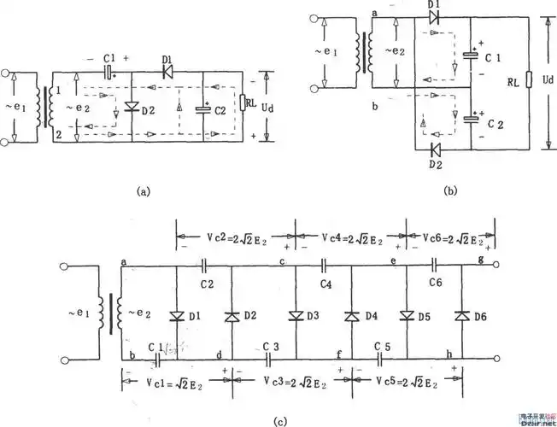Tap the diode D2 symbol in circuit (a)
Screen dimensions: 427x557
point(130,108)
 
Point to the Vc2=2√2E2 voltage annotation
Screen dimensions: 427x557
point(235,235)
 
